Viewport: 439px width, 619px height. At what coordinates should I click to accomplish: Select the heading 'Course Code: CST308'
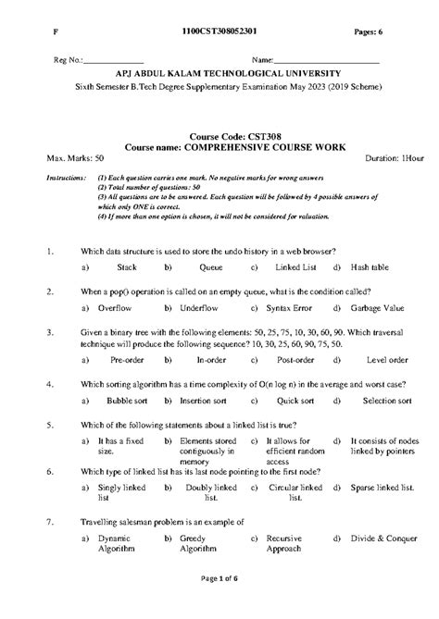tap(220, 136)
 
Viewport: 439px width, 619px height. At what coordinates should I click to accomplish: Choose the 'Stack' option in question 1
tap(127, 266)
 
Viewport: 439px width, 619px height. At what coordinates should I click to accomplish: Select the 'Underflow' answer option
tap(198, 305)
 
